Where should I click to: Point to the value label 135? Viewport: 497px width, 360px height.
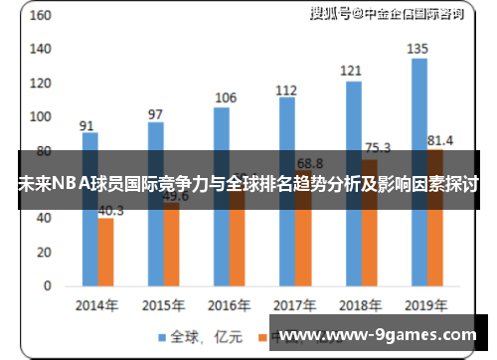click(418, 49)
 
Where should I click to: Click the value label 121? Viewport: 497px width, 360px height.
click(352, 72)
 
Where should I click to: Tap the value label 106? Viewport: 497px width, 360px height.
click(226, 97)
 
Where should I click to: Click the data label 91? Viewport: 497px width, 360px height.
click(87, 125)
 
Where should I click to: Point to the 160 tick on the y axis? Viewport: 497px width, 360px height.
click(41, 18)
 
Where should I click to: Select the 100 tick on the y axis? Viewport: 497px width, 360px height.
click(41, 117)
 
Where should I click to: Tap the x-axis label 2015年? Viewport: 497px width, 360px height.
click(162, 305)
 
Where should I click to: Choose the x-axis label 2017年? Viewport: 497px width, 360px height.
click(294, 305)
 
